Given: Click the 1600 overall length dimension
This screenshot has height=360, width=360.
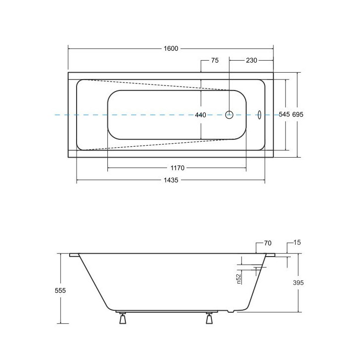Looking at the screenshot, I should pyautogui.click(x=171, y=48).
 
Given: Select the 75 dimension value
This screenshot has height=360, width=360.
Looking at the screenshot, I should pyautogui.click(x=215, y=61).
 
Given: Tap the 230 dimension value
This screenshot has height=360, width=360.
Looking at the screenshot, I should pyautogui.click(x=251, y=61).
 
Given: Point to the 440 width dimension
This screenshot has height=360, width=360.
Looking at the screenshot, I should pyautogui.click(x=200, y=115).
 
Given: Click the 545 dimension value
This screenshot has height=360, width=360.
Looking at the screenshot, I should pyautogui.click(x=284, y=114).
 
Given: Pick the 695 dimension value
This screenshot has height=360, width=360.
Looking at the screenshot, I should pyautogui.click(x=298, y=114).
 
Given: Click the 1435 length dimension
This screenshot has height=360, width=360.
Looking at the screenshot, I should pyautogui.click(x=171, y=180).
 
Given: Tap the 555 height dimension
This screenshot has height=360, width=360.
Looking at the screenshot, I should pyautogui.click(x=60, y=290).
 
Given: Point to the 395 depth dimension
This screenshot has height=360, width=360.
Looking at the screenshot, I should pyautogui.click(x=298, y=282).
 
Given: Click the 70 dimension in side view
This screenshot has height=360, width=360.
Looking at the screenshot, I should pyautogui.click(x=268, y=244).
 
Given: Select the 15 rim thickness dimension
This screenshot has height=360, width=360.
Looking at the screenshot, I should pyautogui.click(x=297, y=244).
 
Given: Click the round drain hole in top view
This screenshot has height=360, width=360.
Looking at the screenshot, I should pyautogui.click(x=229, y=114).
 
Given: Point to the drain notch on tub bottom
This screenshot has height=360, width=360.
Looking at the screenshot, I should pyautogui.click(x=230, y=313).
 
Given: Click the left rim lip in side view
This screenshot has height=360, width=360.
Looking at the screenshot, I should pyautogui.click(x=74, y=255).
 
